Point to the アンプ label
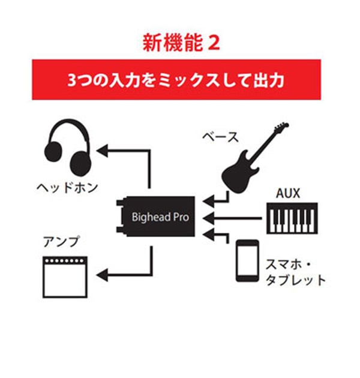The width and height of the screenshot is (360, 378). tap(61, 242)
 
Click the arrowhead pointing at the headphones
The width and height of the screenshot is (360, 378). tap(103, 149)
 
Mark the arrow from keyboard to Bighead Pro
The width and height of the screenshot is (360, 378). tap(234, 218)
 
